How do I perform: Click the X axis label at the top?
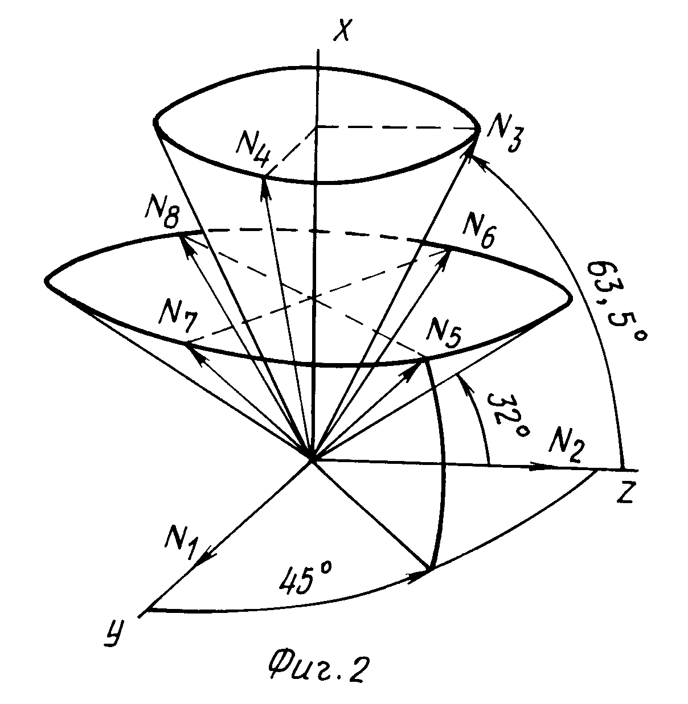pyautogui.click(x=342, y=29)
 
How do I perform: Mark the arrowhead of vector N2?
pyautogui.click(x=542, y=466)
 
